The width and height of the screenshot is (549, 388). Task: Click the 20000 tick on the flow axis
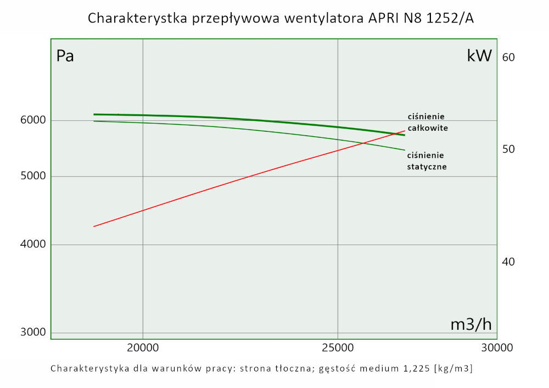143,348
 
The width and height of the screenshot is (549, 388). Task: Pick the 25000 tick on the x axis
338,348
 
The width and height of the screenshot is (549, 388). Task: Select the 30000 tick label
496,348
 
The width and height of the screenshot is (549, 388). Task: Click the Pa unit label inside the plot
65,56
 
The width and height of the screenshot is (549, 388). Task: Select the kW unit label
479,56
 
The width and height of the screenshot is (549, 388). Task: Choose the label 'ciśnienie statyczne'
427,160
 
